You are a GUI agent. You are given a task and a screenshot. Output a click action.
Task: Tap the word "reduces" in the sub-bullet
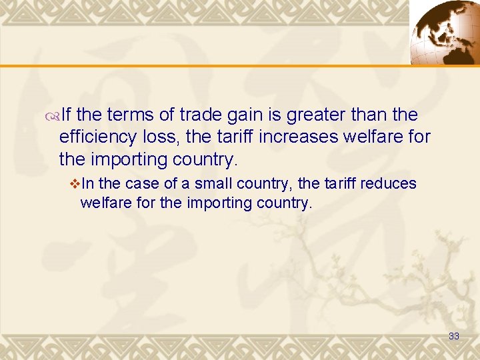point(390,183)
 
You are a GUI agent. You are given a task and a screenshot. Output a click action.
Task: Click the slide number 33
point(454,336)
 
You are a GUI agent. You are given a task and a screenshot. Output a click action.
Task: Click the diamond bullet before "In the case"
point(74,184)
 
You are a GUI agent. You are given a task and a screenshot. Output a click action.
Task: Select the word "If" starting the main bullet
point(67,115)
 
